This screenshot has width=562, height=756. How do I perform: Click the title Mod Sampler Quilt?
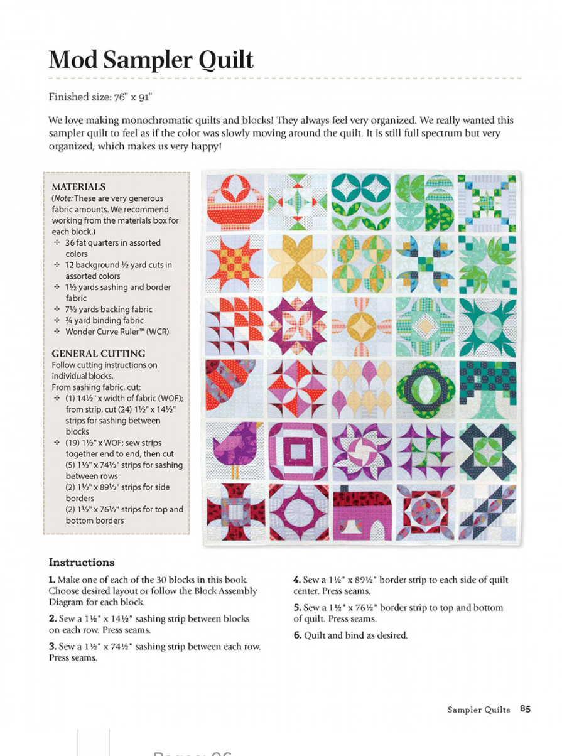point(151,60)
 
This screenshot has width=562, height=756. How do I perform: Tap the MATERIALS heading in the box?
point(78,186)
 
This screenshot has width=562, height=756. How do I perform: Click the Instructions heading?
point(82,562)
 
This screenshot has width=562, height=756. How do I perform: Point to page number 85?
point(525,709)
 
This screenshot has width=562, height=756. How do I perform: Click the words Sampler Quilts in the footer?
point(478,710)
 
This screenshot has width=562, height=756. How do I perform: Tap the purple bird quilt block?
point(234,449)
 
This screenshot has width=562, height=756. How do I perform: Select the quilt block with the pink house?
point(360,512)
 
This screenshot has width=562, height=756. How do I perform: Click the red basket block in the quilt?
point(234,201)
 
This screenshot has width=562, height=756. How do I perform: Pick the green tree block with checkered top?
point(487,387)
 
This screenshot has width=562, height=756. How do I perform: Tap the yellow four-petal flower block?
point(298,264)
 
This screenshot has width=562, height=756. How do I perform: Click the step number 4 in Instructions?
point(296,580)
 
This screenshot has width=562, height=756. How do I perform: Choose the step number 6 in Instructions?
point(296,635)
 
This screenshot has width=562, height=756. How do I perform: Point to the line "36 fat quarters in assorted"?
point(113,243)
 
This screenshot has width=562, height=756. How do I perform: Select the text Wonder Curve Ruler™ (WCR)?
point(117,332)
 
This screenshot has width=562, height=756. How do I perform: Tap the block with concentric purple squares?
point(298,449)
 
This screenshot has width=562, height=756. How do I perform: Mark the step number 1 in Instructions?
point(52,580)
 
